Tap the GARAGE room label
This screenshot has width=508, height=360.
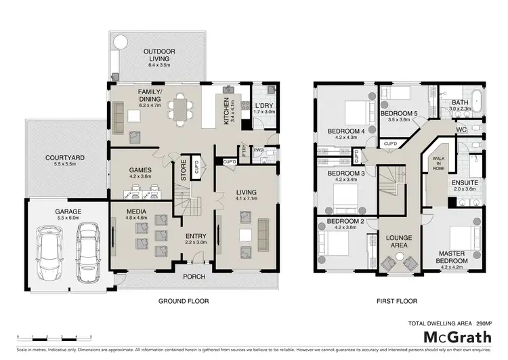[x=68, y=215]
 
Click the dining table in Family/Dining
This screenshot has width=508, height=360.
[x=180, y=109]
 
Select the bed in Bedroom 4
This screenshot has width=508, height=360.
[x=356, y=109]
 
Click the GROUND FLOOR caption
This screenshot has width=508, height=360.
[x=183, y=301]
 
